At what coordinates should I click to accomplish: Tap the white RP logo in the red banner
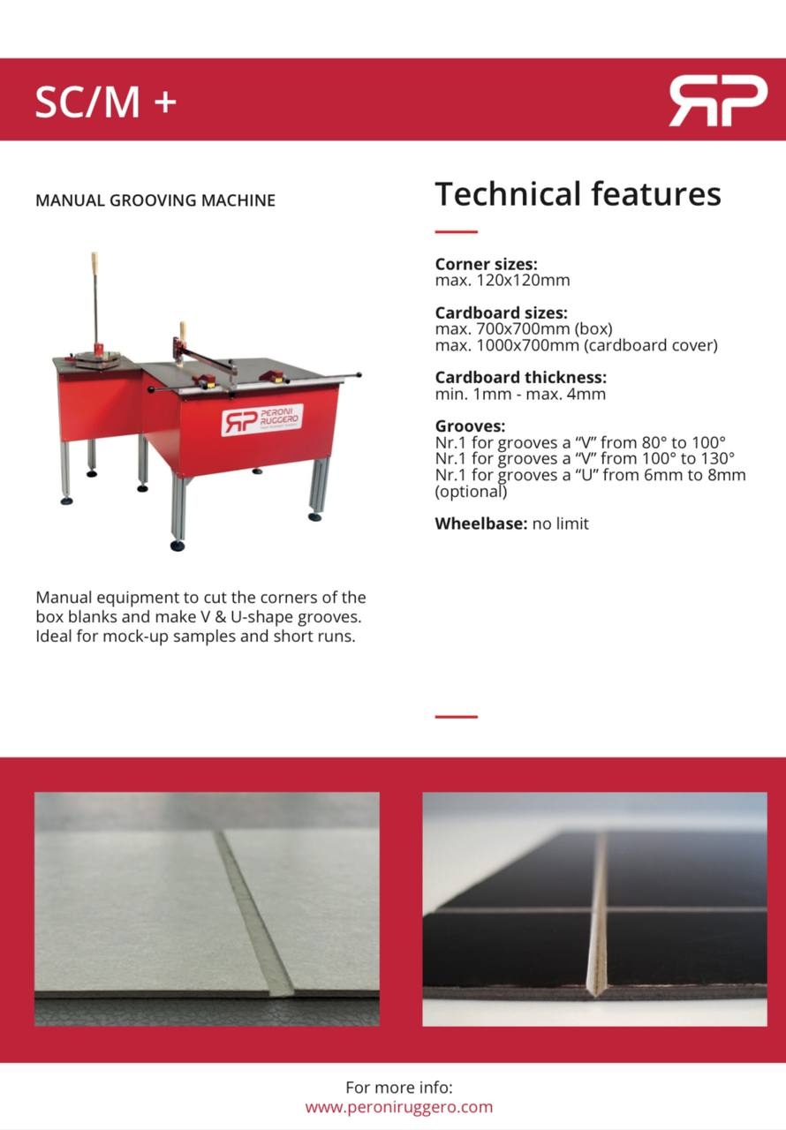coord(717,101)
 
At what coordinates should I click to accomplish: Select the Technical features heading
coord(578,193)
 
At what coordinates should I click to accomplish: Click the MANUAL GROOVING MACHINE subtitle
coord(155,200)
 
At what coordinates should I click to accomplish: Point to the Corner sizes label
coord(486,264)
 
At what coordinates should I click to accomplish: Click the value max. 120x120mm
coord(503,281)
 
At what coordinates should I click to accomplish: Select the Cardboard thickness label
coord(521,378)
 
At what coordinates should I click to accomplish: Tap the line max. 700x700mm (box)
coord(524,329)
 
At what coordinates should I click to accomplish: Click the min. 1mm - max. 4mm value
coord(520,395)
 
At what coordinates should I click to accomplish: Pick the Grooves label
coord(470,426)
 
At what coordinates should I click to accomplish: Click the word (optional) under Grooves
coord(471,492)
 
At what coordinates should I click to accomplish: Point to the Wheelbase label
coord(480,524)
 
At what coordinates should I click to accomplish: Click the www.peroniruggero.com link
coord(399,1107)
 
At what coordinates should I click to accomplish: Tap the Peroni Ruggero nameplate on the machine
coord(262,420)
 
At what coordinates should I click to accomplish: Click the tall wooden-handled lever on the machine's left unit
coord(94,300)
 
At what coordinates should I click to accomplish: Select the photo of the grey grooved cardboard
coord(207,908)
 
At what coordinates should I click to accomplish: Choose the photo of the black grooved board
coord(594,908)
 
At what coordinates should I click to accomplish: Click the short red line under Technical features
coord(456,232)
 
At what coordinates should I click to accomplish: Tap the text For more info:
coord(399,1088)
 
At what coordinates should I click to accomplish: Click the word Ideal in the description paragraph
coord(54,636)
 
